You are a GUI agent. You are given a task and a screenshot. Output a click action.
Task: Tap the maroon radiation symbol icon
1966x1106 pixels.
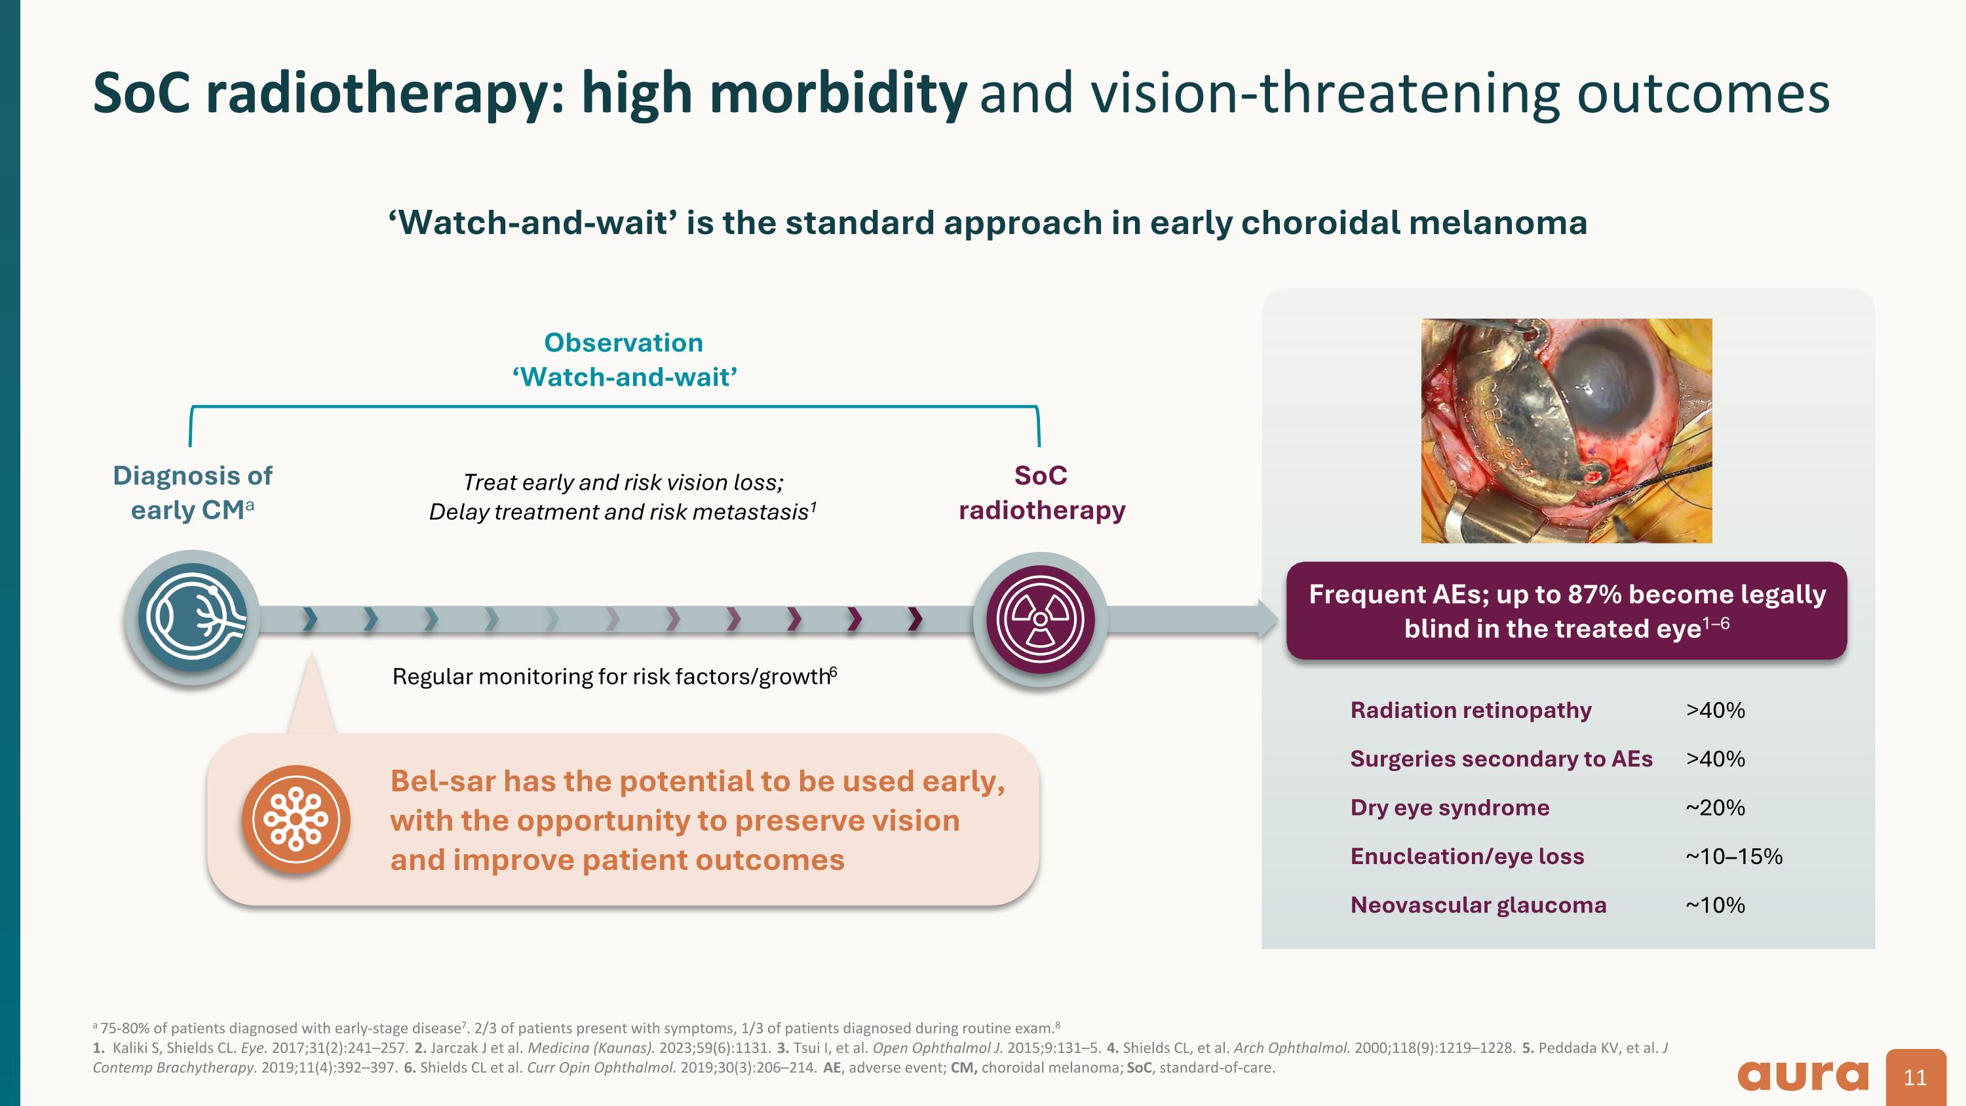pos(1040,619)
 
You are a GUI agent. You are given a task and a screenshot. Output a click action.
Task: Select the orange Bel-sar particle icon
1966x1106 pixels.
pos(296,819)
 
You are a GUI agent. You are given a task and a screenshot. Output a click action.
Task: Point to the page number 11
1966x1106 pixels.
pos(1915,1077)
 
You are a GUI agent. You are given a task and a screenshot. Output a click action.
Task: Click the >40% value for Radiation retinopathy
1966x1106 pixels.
pos(1715,711)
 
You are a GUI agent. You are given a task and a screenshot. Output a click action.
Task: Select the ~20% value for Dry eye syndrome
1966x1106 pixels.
pos(1715,808)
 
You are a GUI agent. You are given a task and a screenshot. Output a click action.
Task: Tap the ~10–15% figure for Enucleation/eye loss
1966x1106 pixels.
pos(1733,856)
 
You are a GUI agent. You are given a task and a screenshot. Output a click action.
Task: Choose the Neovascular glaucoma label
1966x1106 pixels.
pos(1478,905)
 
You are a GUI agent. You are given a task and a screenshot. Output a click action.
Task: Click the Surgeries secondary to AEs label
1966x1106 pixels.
pos(1501,759)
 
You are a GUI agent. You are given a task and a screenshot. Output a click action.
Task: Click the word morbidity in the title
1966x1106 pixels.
pos(838,94)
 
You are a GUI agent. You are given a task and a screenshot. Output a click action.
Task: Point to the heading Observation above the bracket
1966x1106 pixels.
pos(623,343)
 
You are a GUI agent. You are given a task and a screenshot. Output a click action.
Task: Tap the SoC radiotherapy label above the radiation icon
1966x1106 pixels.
pos(1041,492)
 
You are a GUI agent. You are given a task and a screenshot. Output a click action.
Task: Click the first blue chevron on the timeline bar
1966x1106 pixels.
pos(309,619)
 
